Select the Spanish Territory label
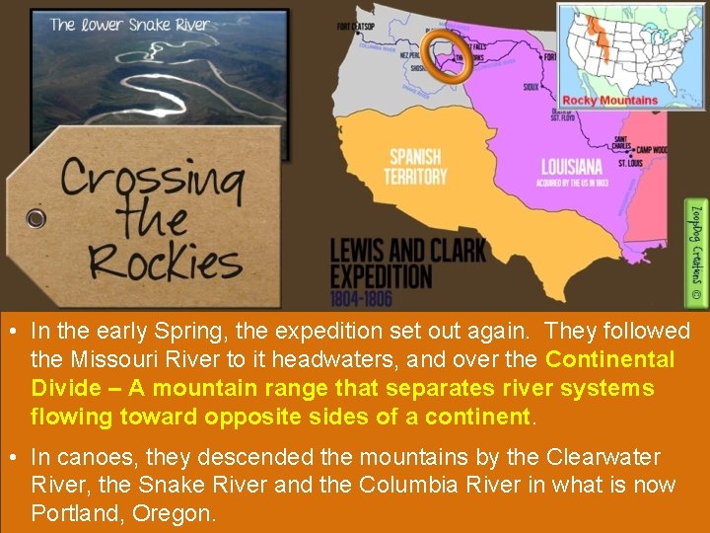[x=416, y=167]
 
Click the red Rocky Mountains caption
[x=609, y=100]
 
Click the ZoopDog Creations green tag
[x=696, y=252]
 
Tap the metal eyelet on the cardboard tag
[x=35, y=217]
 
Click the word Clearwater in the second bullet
[x=604, y=458]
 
